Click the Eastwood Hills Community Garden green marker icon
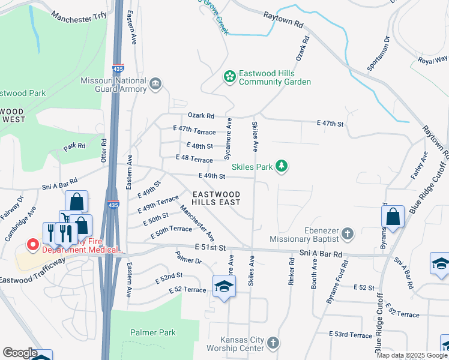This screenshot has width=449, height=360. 229,76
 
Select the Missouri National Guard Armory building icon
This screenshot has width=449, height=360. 156,83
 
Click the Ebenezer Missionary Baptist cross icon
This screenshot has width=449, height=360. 346,233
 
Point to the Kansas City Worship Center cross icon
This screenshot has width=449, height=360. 273,343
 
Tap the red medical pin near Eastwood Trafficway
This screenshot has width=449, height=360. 32,245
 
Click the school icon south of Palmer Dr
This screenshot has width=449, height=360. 224,286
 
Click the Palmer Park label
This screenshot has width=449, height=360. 152,332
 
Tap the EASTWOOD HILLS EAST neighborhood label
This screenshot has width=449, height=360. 217,199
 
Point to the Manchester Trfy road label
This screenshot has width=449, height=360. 78,18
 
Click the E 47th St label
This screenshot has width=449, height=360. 330,124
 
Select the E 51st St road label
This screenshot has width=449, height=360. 209,247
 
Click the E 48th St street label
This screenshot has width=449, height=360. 200,146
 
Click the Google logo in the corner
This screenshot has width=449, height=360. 19,353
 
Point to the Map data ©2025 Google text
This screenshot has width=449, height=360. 412,355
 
